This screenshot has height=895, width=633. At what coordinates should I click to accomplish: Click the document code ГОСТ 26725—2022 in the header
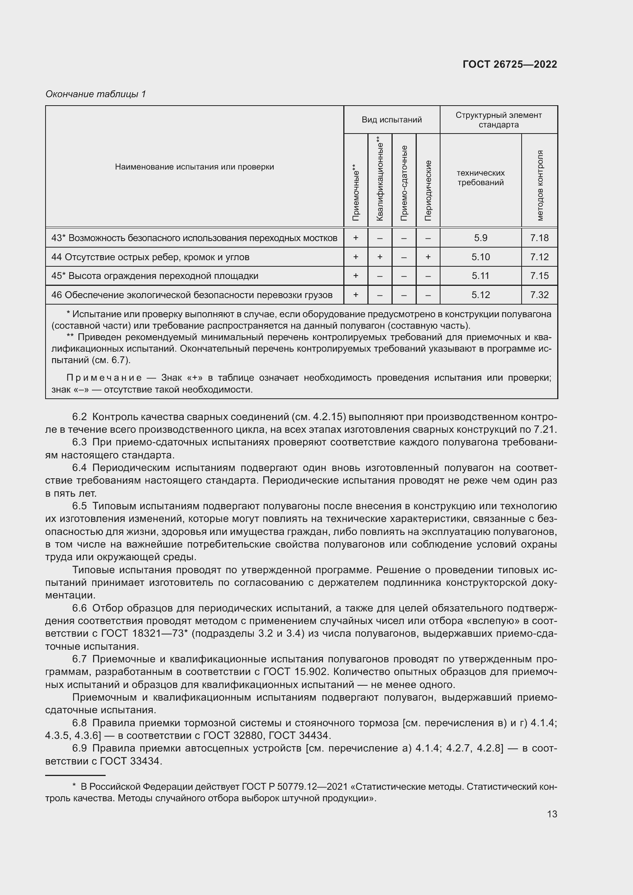tap(509, 64)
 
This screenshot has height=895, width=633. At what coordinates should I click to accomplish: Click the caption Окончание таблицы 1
tap(96, 94)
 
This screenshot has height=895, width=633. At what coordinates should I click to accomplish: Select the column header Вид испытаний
tap(392, 120)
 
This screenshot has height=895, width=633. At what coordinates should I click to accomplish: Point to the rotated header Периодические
tap(428, 190)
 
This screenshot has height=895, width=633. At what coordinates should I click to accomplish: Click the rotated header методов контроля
tap(540, 185)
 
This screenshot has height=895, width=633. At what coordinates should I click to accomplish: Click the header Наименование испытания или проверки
tap(194, 167)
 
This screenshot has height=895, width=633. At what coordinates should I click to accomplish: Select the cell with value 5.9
tap(480, 238)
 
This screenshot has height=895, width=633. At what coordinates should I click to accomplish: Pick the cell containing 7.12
tap(539, 257)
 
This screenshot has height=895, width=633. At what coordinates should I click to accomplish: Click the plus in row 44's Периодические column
tap(428, 257)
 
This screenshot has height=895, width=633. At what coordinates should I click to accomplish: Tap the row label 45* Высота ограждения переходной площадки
tap(155, 276)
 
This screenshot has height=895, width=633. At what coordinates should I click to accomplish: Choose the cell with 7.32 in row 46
tap(539, 295)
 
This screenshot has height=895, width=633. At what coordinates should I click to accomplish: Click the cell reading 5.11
tap(480, 276)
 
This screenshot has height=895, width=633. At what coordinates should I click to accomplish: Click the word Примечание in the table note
tap(104, 378)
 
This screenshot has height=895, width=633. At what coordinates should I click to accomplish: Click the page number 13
tap(552, 814)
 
